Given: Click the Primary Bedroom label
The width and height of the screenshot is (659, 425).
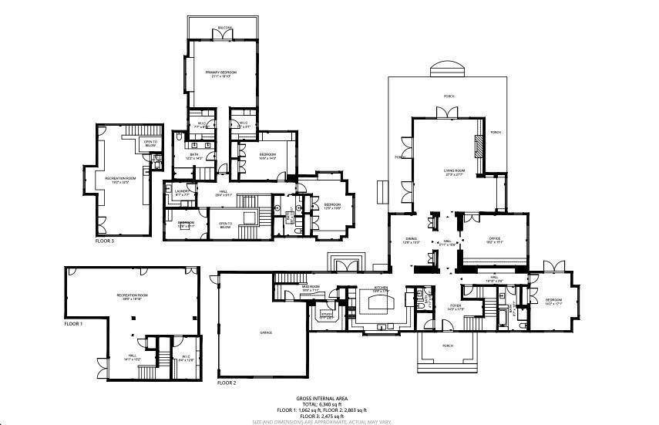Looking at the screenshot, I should [x=220, y=73].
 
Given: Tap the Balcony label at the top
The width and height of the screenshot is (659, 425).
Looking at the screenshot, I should [x=224, y=28].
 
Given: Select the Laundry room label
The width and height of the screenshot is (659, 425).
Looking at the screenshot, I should [x=182, y=191].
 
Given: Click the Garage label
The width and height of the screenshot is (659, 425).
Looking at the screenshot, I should [x=266, y=332].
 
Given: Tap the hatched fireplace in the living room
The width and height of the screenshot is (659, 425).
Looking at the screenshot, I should [x=479, y=145].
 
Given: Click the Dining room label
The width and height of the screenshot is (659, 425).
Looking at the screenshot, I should [x=411, y=240].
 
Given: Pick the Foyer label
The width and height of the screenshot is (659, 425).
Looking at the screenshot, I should [x=455, y=306].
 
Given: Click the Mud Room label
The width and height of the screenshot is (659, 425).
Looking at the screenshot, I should [x=311, y=287].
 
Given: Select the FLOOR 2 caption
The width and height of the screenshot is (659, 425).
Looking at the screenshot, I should [x=227, y=383].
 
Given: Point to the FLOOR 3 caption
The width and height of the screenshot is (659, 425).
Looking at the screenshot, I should [x=104, y=241].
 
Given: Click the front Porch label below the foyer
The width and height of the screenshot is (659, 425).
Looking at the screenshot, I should [x=449, y=346].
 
